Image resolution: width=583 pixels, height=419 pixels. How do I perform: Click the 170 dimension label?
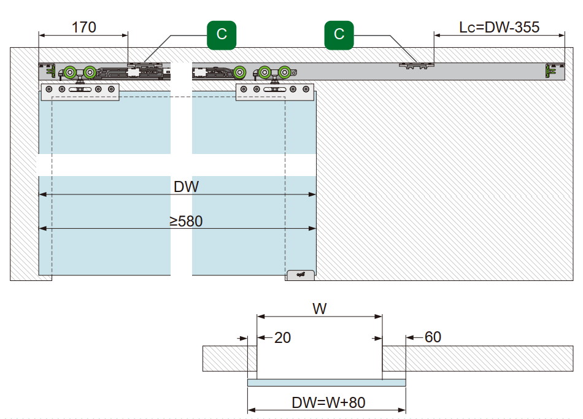(84, 28)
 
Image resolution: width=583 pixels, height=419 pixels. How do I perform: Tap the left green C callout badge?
(222, 34)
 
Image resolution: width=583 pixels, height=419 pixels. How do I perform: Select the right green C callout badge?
(339, 34)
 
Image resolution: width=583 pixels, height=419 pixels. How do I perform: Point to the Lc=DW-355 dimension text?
(499, 28)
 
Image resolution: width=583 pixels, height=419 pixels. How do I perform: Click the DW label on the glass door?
(186, 187)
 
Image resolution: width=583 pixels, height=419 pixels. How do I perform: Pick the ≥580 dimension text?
(186, 221)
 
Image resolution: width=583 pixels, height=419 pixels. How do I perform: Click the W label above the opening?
(319, 309)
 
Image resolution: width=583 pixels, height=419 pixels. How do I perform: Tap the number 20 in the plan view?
(282, 337)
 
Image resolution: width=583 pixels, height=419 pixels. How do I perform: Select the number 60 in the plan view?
(433, 337)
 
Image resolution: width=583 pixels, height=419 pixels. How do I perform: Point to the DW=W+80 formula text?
(328, 403)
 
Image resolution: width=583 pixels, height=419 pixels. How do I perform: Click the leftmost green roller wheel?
(71, 72)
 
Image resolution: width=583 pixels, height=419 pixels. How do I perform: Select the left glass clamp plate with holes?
(79, 91)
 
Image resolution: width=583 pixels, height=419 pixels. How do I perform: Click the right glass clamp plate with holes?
(276, 91)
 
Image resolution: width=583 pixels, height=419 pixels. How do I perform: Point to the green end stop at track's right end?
(550, 71)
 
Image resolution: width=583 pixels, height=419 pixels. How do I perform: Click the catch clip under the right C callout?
(416, 64)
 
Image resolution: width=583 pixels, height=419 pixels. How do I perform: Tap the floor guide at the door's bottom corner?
(301, 275)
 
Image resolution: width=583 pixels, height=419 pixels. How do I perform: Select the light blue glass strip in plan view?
(326, 383)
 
